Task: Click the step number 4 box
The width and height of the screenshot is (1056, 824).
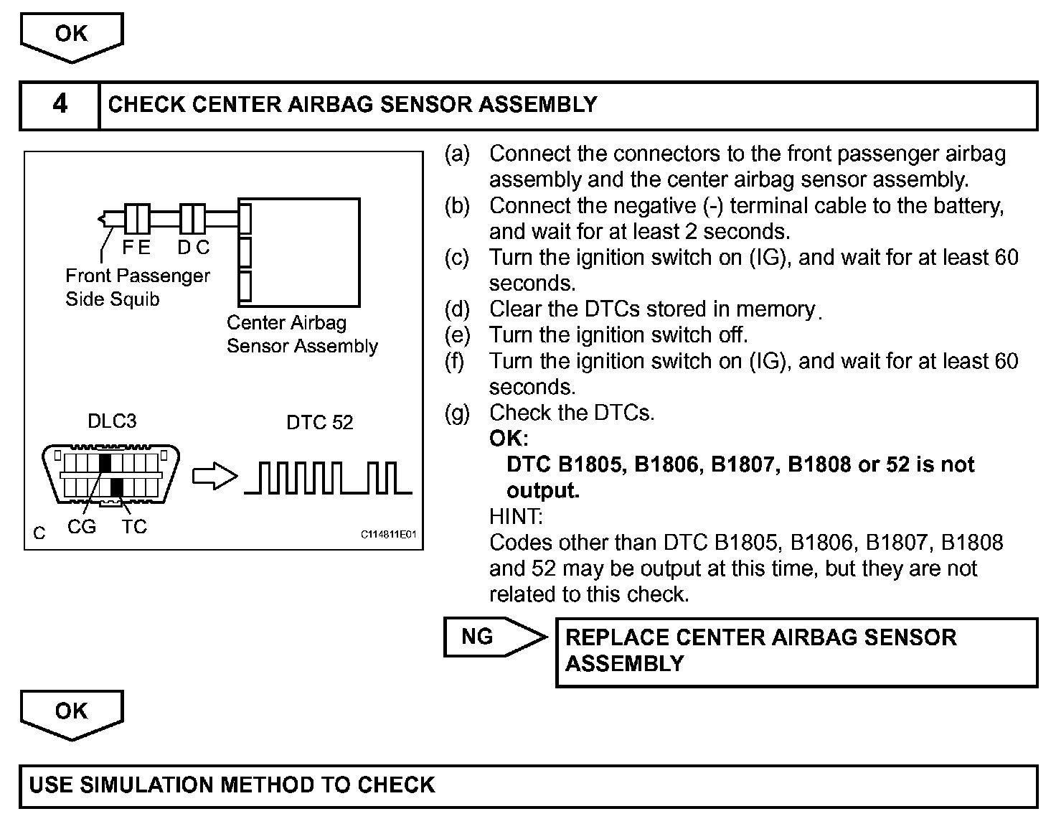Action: tap(60, 105)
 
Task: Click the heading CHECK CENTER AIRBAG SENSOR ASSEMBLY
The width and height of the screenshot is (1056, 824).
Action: tap(352, 105)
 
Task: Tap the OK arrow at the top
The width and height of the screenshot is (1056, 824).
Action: tap(72, 36)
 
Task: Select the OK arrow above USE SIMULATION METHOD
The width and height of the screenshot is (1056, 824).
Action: tap(72, 713)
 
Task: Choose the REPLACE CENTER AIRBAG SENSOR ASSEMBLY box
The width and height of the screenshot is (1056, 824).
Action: tap(796, 651)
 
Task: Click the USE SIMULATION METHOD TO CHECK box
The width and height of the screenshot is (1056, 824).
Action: tap(528, 785)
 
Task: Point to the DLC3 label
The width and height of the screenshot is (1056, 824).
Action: tap(112, 421)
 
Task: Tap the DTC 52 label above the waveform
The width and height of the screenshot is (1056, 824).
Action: tap(319, 422)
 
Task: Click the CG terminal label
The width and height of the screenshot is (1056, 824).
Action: tap(81, 527)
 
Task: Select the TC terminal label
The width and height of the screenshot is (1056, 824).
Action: tap(134, 527)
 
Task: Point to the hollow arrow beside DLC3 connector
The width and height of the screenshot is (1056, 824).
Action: tap(214, 476)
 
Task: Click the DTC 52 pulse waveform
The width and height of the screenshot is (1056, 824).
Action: tap(328, 478)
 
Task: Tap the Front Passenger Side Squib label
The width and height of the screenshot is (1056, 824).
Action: tap(137, 287)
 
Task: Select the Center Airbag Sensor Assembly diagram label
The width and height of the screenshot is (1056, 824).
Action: tap(302, 334)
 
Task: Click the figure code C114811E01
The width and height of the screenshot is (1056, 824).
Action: tap(388, 535)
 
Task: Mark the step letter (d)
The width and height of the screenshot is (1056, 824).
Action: tap(457, 309)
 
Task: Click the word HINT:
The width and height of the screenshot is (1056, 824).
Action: tap(516, 516)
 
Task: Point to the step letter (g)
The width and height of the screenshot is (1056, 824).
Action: tap(457, 413)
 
